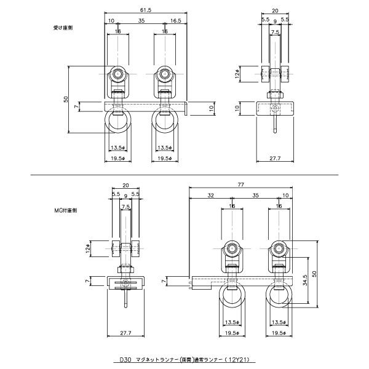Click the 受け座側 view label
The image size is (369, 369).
pos(63,28)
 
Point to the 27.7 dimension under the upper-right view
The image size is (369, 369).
pos(276,159)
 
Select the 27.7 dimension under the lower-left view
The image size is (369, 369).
pos(126,333)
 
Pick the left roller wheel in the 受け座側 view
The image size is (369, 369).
pos(117,75)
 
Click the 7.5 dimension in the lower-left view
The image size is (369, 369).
pos(125,207)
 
